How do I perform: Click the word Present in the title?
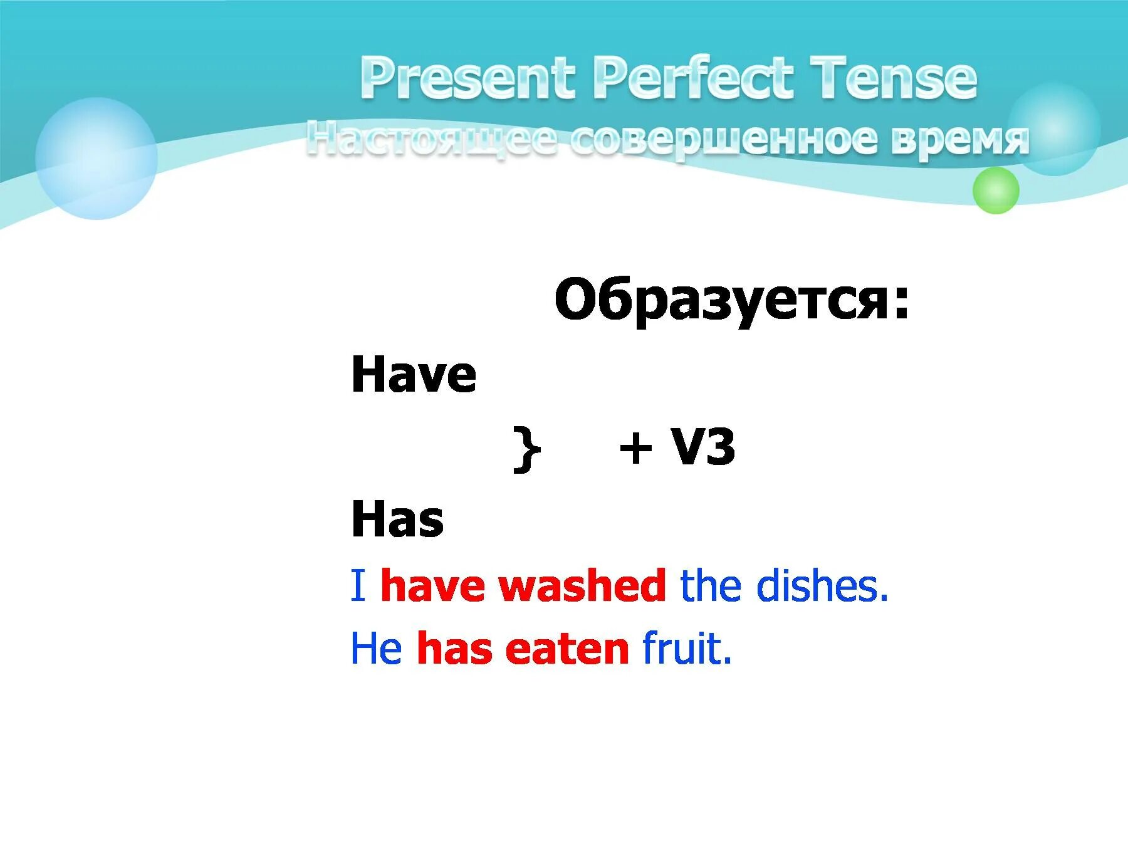click(467, 78)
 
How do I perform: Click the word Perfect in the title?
click(692, 78)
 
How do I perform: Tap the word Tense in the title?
click(892, 78)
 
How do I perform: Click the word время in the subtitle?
click(959, 139)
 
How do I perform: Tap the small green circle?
click(995, 191)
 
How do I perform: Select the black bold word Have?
click(414, 375)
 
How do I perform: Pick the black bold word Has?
click(397, 519)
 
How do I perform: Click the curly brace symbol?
click(526, 449)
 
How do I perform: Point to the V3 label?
click(702, 447)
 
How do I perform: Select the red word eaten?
click(567, 649)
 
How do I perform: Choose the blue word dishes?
click(822, 586)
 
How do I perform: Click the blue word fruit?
click(687, 649)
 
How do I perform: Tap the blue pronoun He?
click(376, 649)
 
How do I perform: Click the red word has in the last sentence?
click(454, 649)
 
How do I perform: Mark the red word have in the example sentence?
click(432, 586)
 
